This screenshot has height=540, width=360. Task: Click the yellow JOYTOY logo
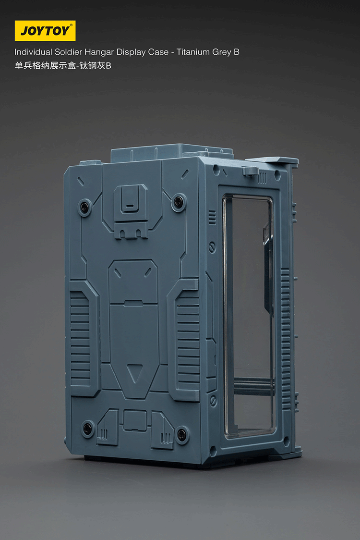(x=45, y=31)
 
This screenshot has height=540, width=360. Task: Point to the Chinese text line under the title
(x=63, y=66)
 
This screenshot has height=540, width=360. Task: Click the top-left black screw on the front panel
(x=85, y=207)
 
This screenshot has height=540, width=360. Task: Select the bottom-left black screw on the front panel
(x=88, y=428)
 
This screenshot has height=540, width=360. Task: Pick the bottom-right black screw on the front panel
(x=181, y=435)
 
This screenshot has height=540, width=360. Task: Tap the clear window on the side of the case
(x=248, y=312)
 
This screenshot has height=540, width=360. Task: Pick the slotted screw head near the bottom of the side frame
(x=213, y=400)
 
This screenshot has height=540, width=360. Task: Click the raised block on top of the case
(x=172, y=152)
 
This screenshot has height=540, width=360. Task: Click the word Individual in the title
(x=34, y=52)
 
